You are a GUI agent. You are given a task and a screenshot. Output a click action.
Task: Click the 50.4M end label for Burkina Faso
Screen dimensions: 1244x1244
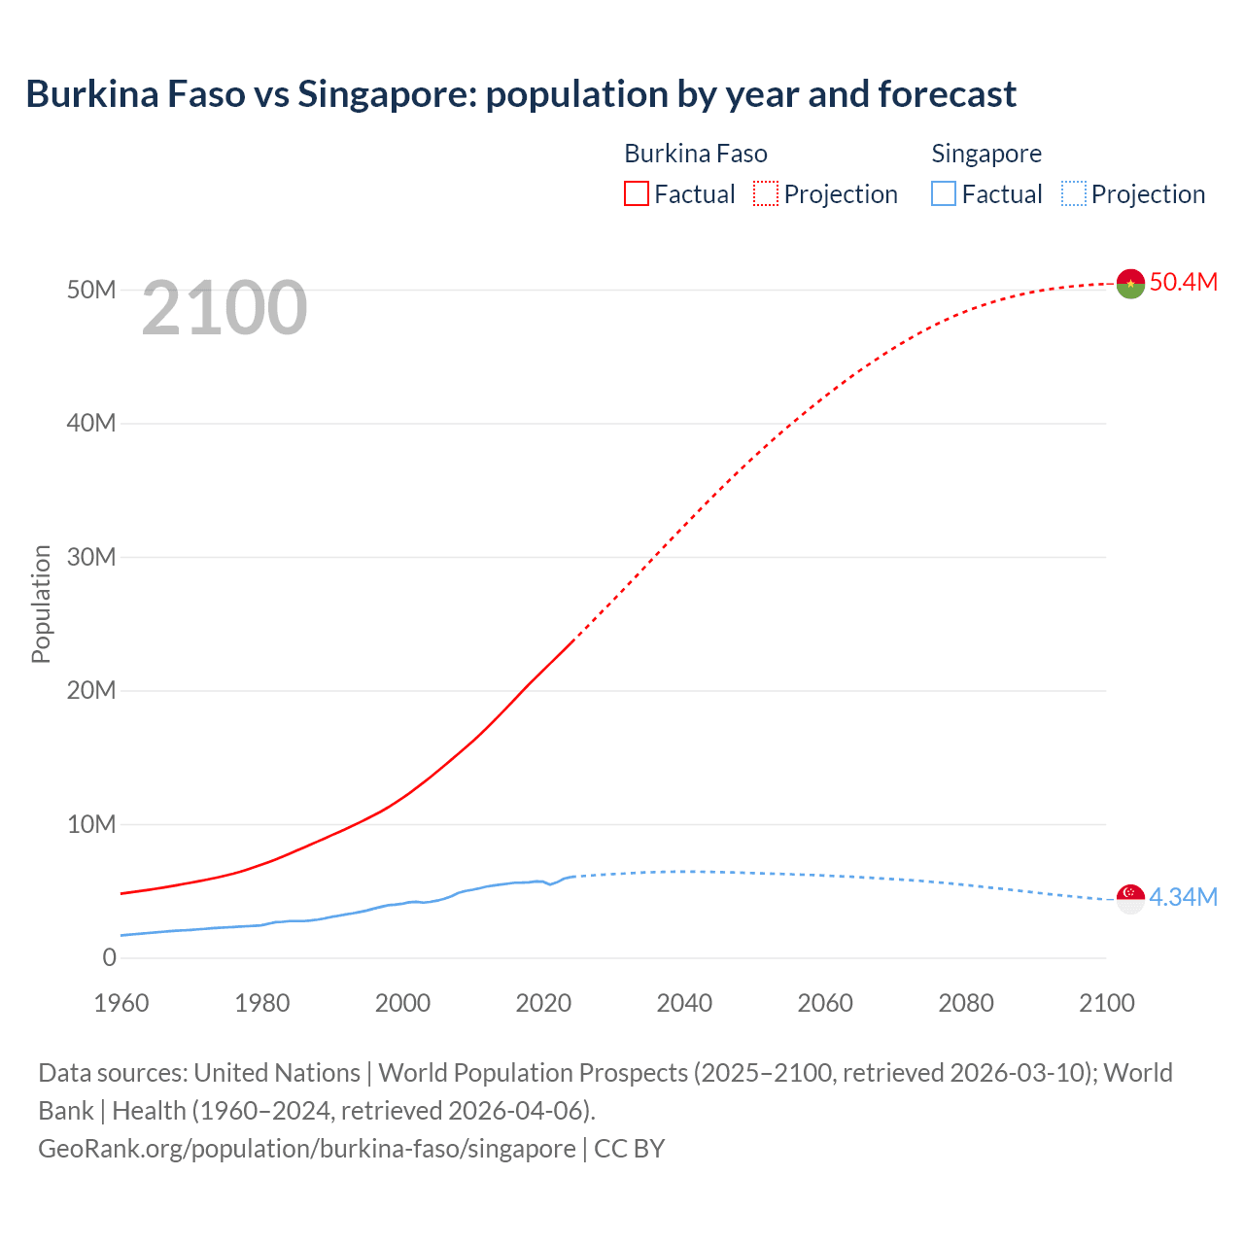(1183, 282)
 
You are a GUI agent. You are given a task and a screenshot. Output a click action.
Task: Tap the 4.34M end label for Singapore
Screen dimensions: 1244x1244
(1183, 897)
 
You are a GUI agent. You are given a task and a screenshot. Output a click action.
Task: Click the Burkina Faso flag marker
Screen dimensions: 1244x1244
(1130, 284)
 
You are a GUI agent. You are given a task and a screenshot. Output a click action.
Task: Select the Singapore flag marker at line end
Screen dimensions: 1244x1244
(1130, 899)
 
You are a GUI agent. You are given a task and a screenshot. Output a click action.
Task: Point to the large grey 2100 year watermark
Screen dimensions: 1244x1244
(225, 308)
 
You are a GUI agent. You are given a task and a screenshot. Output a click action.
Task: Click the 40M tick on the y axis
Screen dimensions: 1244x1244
(92, 424)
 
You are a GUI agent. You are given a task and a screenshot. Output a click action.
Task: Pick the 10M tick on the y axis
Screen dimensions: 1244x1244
(92, 825)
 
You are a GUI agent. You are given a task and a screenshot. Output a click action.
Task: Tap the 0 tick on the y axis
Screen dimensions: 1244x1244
(109, 958)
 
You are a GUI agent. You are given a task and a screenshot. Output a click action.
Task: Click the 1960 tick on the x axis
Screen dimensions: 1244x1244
(121, 1003)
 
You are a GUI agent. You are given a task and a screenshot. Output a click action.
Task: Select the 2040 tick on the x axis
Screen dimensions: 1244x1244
(684, 1003)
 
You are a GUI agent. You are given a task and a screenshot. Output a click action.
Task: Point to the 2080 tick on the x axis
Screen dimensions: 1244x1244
(966, 1003)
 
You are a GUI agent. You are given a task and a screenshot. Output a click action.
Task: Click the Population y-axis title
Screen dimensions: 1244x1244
(41, 605)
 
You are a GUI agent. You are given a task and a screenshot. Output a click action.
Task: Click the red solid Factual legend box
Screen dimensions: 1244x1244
(637, 193)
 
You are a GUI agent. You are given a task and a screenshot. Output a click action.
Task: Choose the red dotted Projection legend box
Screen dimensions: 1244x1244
(766, 193)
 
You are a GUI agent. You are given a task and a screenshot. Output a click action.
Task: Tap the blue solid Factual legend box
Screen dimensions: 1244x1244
(944, 193)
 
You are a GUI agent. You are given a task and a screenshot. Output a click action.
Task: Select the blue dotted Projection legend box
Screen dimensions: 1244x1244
(1074, 193)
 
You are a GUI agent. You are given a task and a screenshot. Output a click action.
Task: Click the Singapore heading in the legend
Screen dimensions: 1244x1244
(986, 154)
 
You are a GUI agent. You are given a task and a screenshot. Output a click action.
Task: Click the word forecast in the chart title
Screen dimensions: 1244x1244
(948, 94)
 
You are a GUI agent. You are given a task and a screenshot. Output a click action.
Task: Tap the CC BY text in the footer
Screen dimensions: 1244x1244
(630, 1149)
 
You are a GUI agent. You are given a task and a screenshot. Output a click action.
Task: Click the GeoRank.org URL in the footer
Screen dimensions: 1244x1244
(306, 1149)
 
